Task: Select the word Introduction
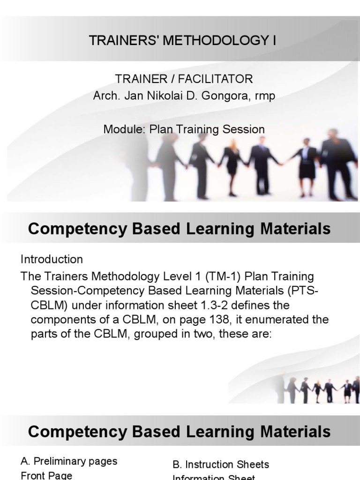[52, 259]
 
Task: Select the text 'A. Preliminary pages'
[69, 461]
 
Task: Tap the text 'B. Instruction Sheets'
[221, 465]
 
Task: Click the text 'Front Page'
[46, 475]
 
